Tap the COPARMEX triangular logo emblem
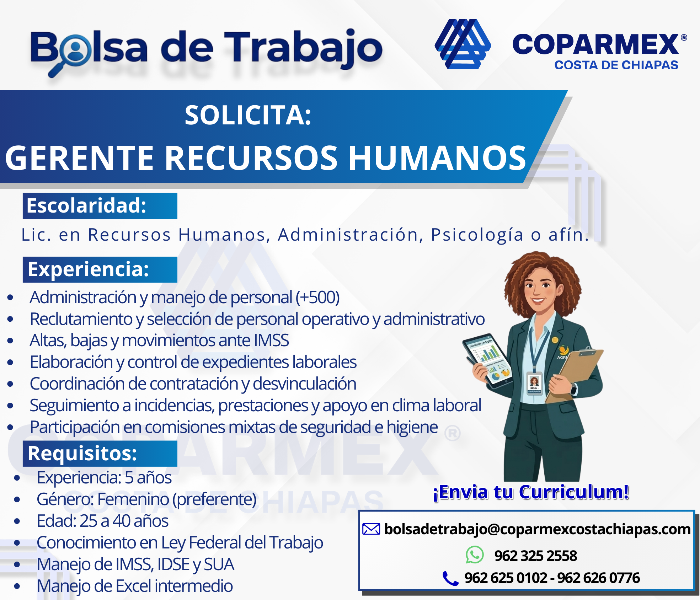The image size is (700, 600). click(463, 44)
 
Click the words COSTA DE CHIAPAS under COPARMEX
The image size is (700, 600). click(616, 65)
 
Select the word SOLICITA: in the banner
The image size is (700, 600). click(248, 115)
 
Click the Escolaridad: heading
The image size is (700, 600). click(86, 205)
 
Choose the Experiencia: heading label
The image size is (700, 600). click(88, 269)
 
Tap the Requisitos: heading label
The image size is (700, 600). click(82, 453)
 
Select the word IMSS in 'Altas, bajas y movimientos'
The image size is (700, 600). click(271, 340)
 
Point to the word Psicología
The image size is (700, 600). click(477, 235)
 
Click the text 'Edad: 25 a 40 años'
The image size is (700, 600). click(102, 521)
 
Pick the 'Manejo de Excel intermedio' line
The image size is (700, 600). click(135, 586)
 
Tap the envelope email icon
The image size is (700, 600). click(371, 529)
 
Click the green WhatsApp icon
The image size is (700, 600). click(475, 555)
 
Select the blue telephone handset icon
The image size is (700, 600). click(450, 578)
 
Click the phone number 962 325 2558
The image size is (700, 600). click(535, 556)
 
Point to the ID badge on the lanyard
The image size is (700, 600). click(534, 383)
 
